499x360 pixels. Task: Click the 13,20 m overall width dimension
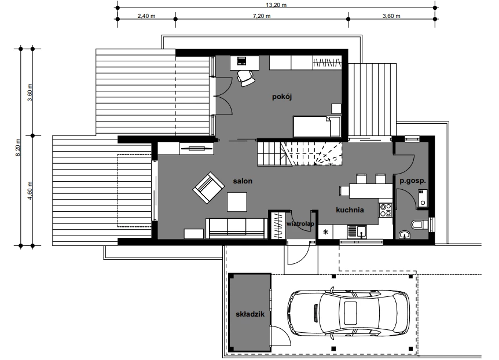point(276,5)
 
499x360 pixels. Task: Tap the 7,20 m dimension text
point(262,16)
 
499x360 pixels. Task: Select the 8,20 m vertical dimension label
point(18,147)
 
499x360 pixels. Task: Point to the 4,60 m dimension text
point(30,190)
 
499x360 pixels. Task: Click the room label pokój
point(282,97)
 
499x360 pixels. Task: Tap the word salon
point(243,181)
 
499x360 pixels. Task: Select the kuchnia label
point(350,210)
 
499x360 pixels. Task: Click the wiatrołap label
point(300,224)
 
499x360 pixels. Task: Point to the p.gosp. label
point(412,181)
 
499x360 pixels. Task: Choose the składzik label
point(250,314)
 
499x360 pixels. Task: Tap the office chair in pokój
point(246,78)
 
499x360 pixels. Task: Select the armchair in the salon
point(208,188)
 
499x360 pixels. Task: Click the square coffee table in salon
point(237,202)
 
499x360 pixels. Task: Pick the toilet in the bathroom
point(420,225)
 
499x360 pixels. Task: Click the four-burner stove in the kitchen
point(386,210)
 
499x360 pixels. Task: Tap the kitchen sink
point(357,232)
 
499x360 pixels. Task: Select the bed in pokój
point(317,127)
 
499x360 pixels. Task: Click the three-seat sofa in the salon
point(236,228)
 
